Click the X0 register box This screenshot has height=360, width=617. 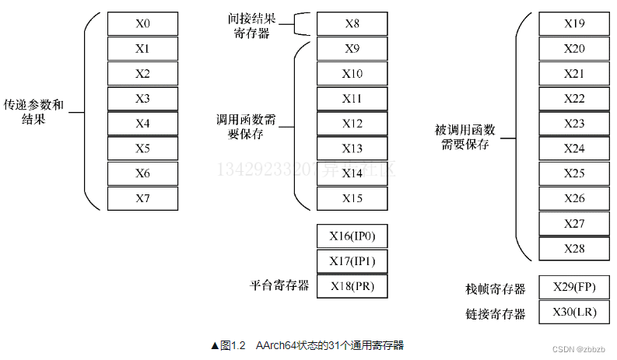pyautogui.click(x=142, y=24)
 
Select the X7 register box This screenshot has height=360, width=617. pyautogui.click(x=142, y=198)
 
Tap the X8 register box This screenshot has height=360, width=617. pyautogui.click(x=352, y=24)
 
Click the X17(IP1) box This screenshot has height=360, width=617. pyautogui.click(x=352, y=261)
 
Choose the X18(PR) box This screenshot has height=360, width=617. pyautogui.click(x=352, y=286)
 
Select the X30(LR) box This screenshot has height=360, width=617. pyautogui.click(x=574, y=313)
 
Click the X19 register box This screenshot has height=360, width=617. pyautogui.click(x=574, y=24)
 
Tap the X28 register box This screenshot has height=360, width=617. pyautogui.click(x=574, y=248)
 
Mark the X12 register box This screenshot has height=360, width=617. pyautogui.click(x=352, y=124)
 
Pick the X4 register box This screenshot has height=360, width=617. pyautogui.click(x=142, y=124)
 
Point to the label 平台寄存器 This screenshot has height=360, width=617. pyautogui.click(x=279, y=286)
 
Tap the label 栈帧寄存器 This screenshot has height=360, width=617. pyautogui.click(x=496, y=289)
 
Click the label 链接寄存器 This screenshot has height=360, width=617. pyautogui.click(x=496, y=314)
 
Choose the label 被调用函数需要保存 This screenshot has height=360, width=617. pyautogui.click(x=465, y=138)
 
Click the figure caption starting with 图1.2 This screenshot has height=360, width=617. pyautogui.click(x=307, y=345)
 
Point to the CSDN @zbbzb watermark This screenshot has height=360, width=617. pyautogui.click(x=578, y=349)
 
